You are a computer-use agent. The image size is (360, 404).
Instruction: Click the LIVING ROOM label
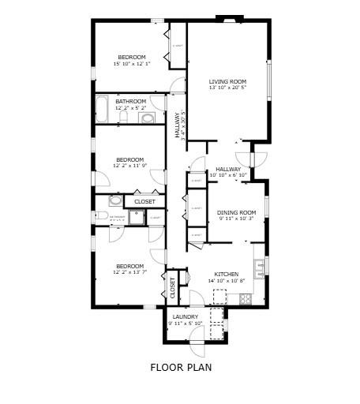[x=227, y=81]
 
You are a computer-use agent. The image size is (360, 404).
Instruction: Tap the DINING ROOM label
[x=237, y=211]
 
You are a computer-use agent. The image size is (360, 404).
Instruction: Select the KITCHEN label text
[x=226, y=274]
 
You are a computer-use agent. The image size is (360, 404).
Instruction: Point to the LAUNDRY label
[x=186, y=316]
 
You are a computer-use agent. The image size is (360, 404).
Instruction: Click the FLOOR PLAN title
[x=181, y=367]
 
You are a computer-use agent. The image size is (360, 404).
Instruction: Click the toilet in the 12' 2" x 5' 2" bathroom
[x=124, y=118]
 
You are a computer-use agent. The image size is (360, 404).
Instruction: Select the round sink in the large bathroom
[x=148, y=118]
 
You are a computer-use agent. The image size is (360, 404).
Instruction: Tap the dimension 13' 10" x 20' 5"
[x=227, y=88]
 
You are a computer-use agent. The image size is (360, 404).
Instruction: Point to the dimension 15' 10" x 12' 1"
[x=132, y=64]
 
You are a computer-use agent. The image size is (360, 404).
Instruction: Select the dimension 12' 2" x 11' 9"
[x=130, y=165]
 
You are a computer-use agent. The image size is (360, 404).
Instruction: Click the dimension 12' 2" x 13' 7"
[x=130, y=273]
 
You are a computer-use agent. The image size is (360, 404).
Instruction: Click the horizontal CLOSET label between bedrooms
[x=144, y=202]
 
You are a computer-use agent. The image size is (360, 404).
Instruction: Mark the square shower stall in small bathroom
[x=137, y=218]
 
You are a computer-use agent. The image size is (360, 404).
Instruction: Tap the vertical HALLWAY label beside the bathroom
[x=177, y=125]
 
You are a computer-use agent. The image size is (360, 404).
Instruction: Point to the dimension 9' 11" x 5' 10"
[x=186, y=324]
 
